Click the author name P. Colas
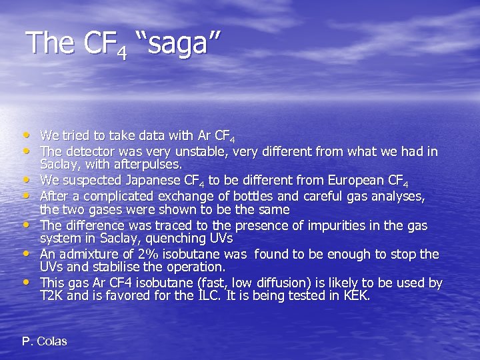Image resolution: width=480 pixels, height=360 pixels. (x=45, y=341)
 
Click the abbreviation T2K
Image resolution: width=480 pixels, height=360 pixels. (x=52, y=295)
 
